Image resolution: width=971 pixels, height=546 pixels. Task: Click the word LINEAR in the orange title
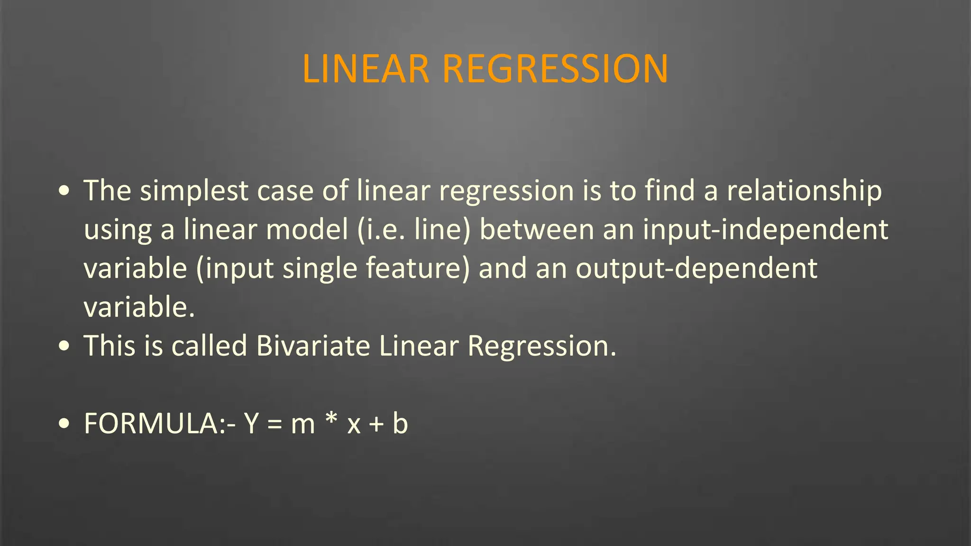[x=366, y=69]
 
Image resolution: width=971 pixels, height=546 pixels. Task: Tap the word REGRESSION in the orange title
[x=555, y=69]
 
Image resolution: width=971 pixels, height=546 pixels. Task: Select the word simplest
[x=194, y=191]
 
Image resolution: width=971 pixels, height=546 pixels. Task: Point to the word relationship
[x=804, y=191]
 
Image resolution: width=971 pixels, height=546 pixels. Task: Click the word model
[x=307, y=230]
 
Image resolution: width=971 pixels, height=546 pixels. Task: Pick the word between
[x=537, y=230]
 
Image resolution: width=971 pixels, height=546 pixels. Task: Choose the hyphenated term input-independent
[x=766, y=230]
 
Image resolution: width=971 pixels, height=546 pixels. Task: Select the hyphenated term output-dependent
[x=696, y=269]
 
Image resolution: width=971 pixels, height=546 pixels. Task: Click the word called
[x=209, y=346]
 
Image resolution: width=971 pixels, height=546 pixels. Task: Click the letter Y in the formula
[x=251, y=423]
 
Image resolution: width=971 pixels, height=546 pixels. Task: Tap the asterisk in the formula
[x=331, y=419]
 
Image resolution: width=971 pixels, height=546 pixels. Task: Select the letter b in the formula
[x=400, y=423]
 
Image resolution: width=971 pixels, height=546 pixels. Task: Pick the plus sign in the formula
[x=376, y=424]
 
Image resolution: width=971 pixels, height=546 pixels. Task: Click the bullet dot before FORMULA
[x=64, y=423]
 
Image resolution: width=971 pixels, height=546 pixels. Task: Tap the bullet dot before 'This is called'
[x=64, y=346]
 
